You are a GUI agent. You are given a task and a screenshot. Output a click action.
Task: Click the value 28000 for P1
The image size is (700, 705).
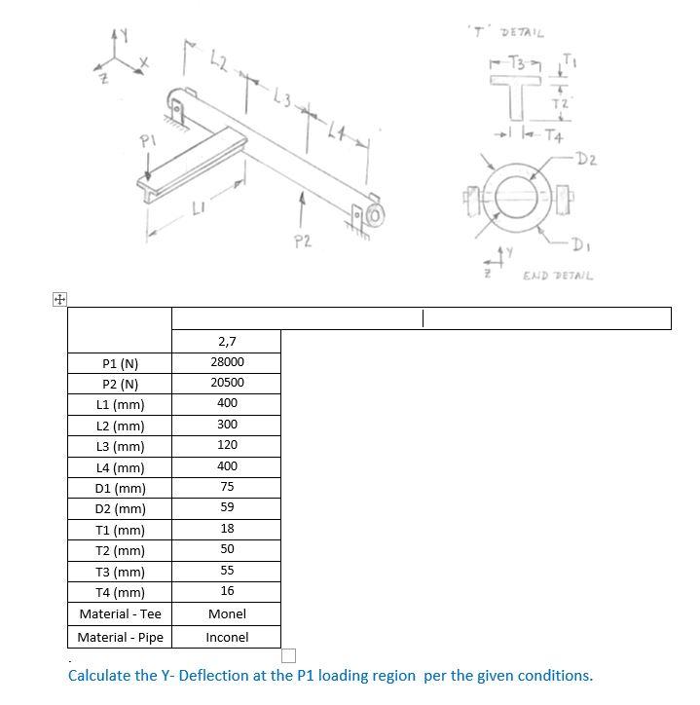point(227,362)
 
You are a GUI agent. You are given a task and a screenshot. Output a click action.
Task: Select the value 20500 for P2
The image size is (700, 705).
point(227,383)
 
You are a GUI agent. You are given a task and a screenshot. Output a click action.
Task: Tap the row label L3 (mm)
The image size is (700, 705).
point(121,447)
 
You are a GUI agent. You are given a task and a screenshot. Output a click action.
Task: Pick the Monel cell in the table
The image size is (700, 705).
point(227,614)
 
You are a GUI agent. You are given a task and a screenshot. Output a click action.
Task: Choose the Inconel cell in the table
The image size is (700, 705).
point(227,638)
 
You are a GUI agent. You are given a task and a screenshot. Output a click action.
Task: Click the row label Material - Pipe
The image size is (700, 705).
point(121,638)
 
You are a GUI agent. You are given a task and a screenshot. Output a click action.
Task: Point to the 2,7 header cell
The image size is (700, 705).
point(227,342)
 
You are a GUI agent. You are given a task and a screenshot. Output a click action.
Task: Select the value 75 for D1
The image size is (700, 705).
point(227,487)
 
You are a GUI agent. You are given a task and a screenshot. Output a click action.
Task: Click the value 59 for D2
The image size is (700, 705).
point(227,508)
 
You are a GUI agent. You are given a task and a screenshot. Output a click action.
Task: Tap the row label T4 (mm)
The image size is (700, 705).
point(121,593)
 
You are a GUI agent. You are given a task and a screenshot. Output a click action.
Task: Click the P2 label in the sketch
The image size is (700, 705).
point(303,241)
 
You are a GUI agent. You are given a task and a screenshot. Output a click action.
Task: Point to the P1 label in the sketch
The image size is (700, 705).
point(146,142)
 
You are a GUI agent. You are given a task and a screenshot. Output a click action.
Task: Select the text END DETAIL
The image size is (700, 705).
point(558,277)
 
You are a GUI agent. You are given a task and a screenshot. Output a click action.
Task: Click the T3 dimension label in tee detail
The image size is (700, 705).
point(508,64)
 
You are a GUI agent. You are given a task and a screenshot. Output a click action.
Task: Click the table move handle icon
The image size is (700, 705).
point(59,300)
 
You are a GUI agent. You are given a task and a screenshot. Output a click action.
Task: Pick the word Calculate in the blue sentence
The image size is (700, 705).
point(99,676)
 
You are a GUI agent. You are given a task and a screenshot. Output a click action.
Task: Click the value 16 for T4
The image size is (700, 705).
point(227,592)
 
